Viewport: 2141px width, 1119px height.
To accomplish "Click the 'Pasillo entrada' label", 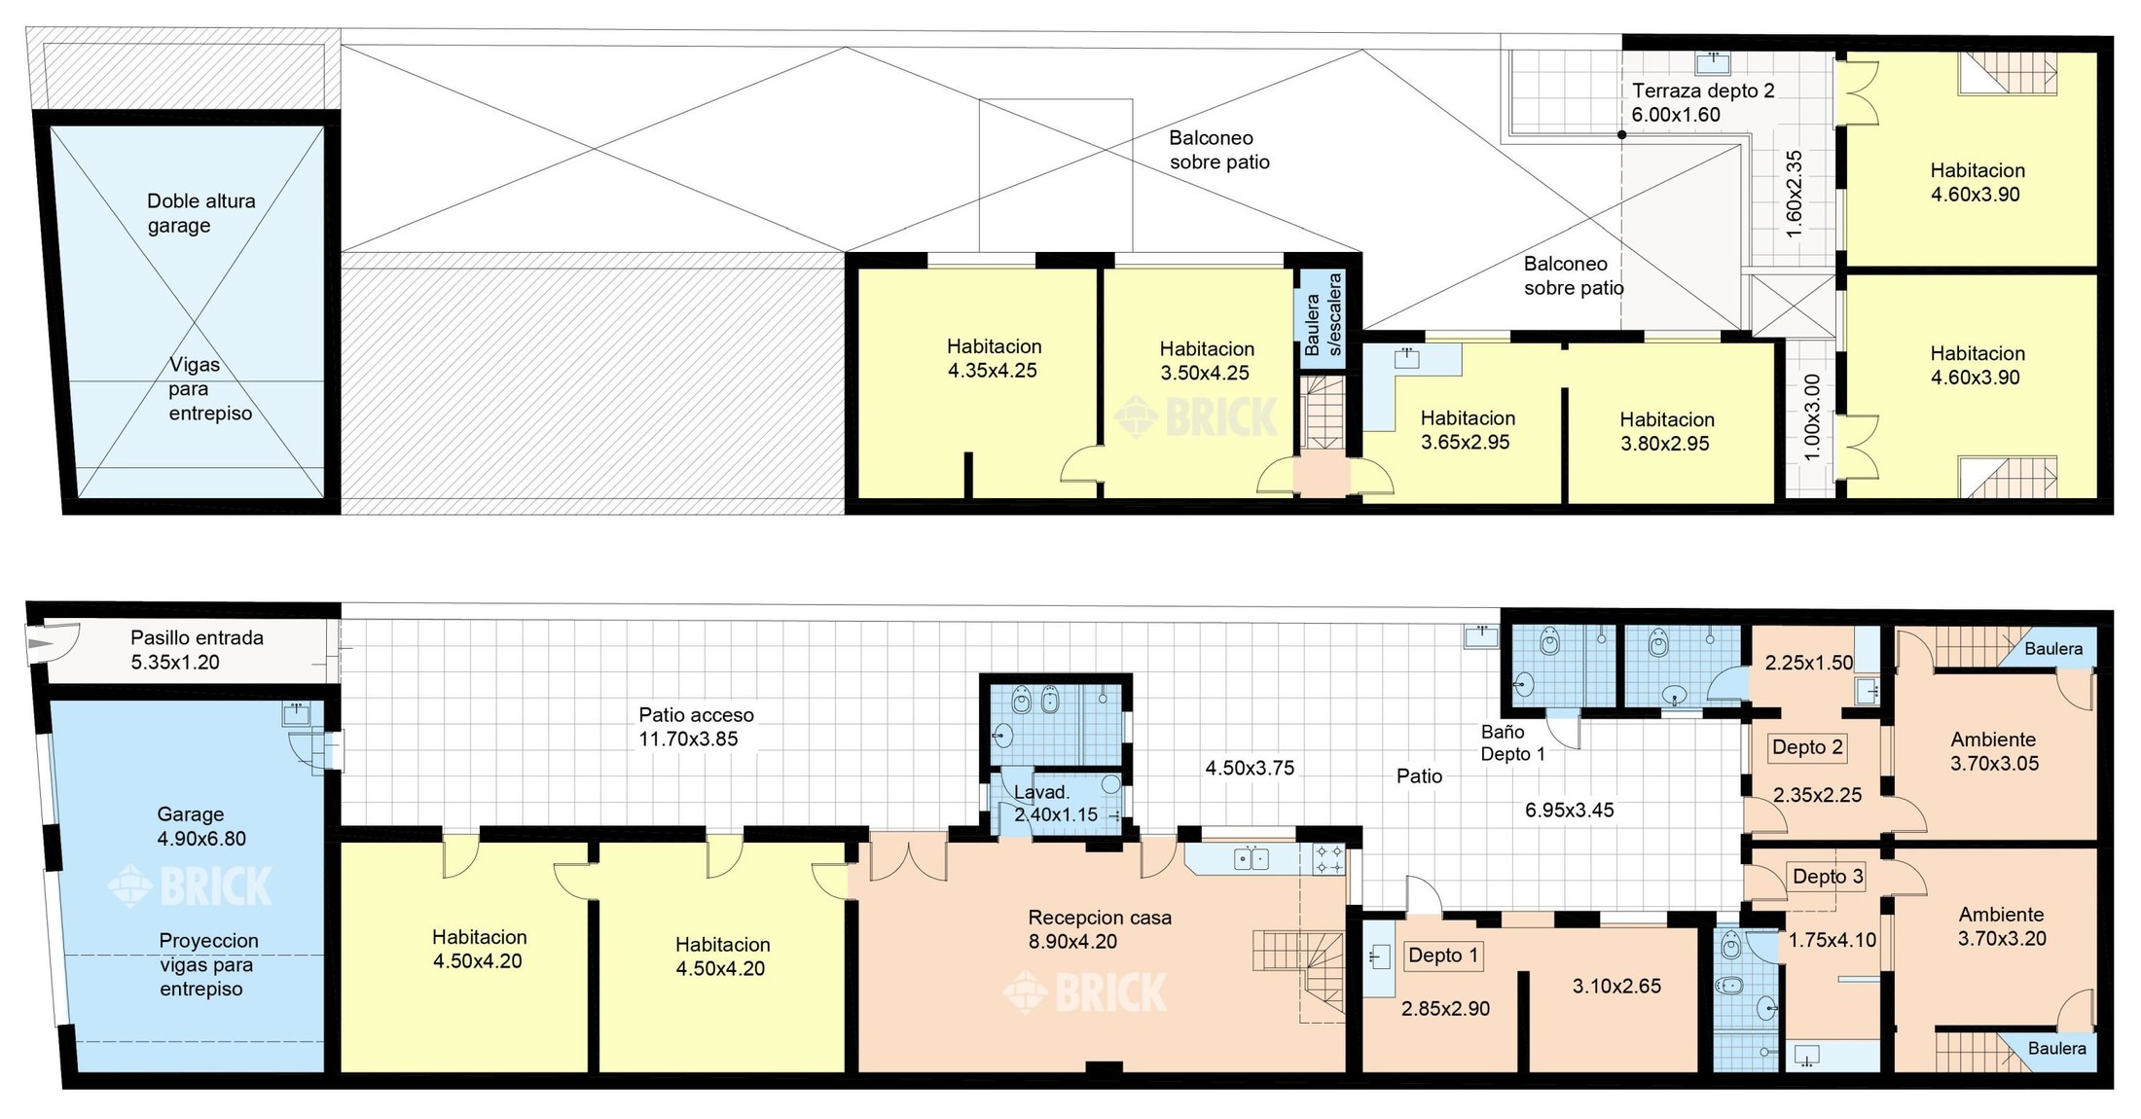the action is point(197,638).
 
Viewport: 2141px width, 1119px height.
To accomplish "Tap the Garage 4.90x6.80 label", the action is point(201,826).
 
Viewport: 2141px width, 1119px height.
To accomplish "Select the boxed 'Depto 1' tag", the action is point(1443,956).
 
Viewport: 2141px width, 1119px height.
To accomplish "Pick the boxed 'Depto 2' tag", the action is point(1807,747).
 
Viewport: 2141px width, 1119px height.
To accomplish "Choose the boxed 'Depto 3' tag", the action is point(1828,877).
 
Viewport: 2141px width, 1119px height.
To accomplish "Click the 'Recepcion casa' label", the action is point(1100,918).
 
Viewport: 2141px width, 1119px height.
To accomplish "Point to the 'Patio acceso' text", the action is point(696,715).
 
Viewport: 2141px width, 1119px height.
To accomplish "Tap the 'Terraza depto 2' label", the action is point(1703,90).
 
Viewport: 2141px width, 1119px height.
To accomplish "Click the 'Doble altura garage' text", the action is point(200,213).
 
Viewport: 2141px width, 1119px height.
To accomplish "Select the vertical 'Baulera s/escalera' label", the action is point(1324,314).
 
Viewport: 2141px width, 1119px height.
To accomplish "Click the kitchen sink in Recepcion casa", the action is point(1251,859).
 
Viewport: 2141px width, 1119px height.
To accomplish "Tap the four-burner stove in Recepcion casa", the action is point(1329,859).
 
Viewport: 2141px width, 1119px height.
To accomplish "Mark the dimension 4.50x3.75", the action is point(1250,768).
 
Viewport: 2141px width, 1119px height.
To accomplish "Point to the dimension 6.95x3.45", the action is point(1569,810).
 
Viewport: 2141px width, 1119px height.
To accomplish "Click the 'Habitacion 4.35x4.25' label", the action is point(994,358).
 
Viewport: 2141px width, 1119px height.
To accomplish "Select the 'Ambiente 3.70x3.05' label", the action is point(1994,751).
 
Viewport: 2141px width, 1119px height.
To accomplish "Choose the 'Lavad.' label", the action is point(1041,792).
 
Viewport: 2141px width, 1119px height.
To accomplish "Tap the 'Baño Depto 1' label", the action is point(1512,742).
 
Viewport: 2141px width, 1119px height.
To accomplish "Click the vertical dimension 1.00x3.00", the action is point(1811,417).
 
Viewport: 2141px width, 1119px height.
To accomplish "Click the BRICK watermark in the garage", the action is point(190,886).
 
